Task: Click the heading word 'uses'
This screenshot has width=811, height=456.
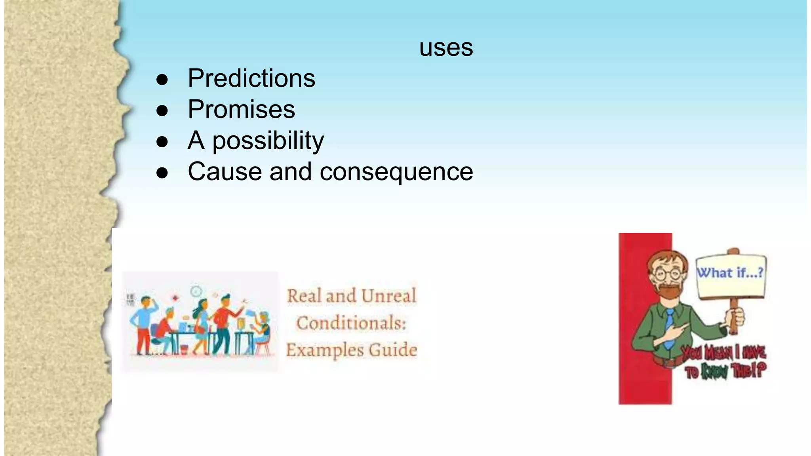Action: click(446, 48)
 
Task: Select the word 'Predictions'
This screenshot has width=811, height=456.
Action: click(251, 78)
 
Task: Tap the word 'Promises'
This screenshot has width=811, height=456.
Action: click(241, 109)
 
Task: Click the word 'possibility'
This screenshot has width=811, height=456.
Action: click(268, 141)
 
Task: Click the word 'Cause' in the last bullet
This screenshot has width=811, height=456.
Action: click(225, 172)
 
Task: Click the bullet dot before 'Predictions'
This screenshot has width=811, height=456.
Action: click(162, 80)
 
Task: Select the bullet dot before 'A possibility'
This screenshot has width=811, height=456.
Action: click(162, 142)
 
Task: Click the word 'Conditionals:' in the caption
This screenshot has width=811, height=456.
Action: click(352, 323)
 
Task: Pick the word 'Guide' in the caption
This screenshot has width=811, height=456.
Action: click(393, 350)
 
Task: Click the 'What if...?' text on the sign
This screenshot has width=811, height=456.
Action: click(730, 273)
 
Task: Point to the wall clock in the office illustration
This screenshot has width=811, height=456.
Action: click(196, 292)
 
